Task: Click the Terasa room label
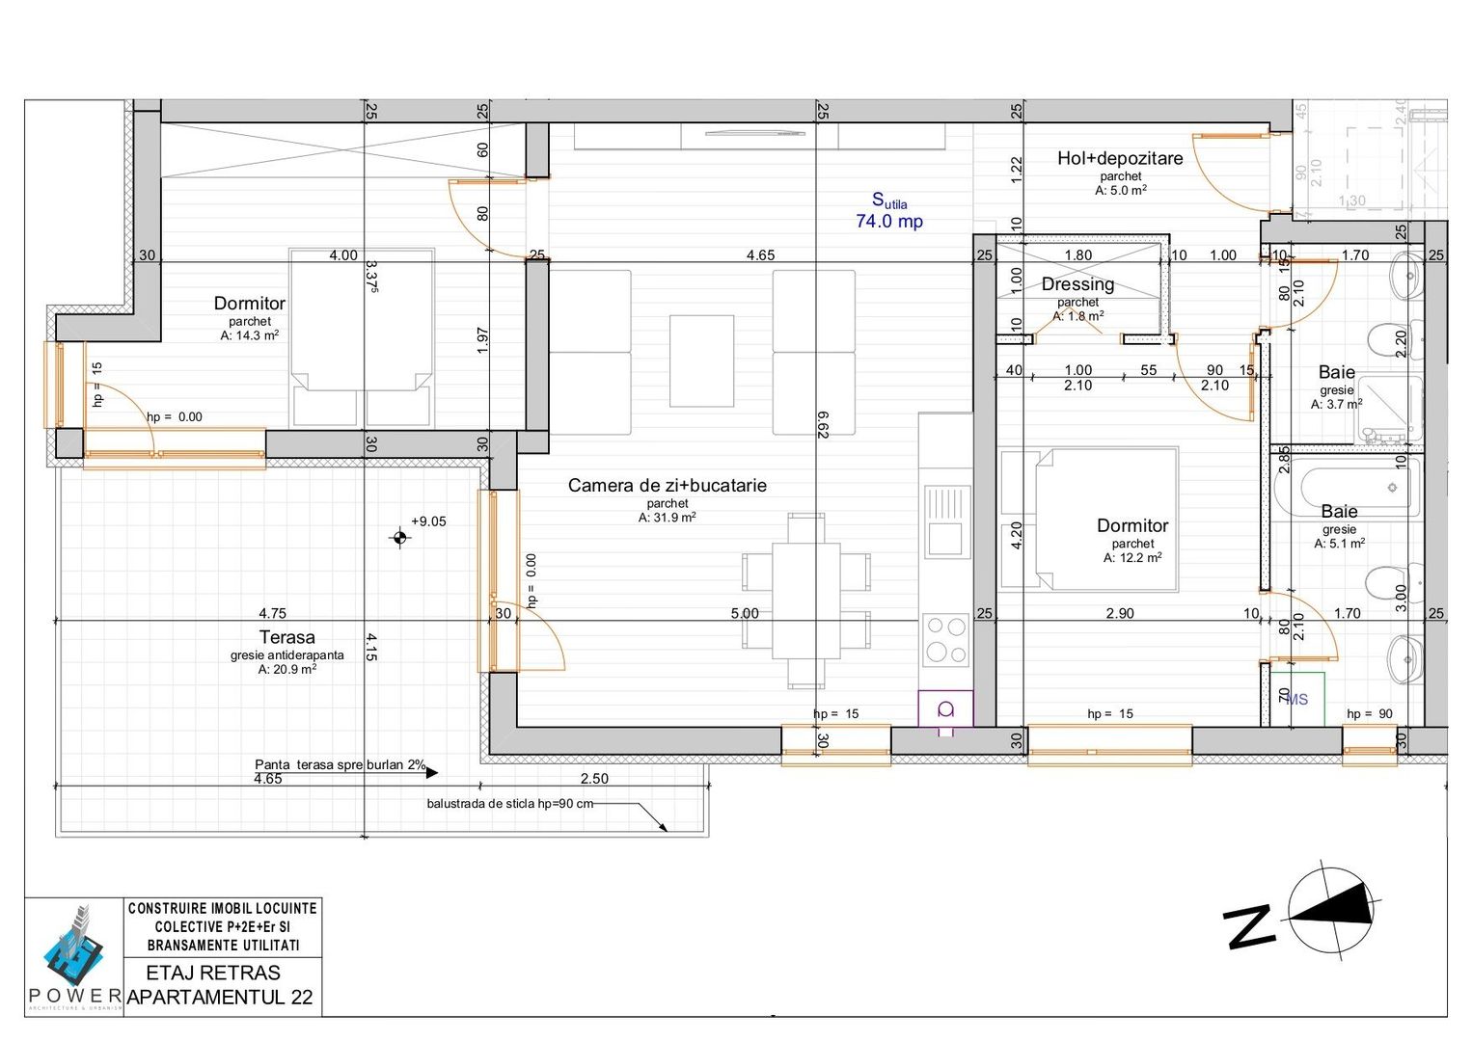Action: (286, 637)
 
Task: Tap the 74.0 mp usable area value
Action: (888, 222)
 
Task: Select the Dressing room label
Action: (1077, 284)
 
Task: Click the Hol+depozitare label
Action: (1119, 159)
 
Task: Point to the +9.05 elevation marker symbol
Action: (400, 537)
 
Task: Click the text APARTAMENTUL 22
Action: (220, 998)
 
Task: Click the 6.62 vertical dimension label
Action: (823, 424)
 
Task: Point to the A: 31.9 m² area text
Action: (667, 518)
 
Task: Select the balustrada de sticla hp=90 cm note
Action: (509, 804)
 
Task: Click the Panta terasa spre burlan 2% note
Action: (340, 764)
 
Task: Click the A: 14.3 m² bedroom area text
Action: (249, 335)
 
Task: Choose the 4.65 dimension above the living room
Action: (760, 255)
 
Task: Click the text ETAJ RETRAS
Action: (213, 973)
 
